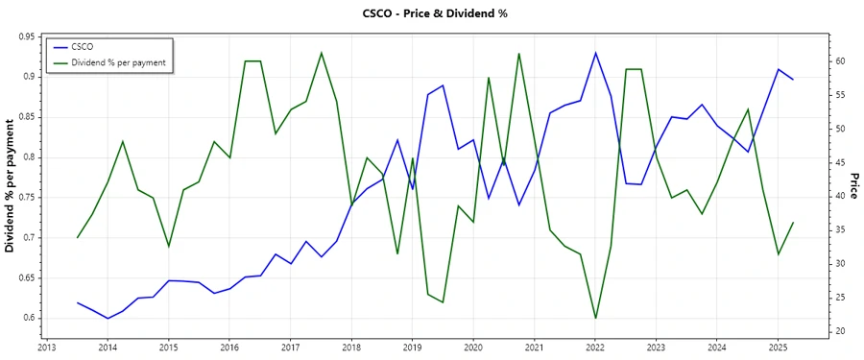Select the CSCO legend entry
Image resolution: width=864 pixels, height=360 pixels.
click(82, 46)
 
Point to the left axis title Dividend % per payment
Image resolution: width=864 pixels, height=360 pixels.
click(11, 186)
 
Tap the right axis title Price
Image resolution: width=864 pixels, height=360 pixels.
click(852, 186)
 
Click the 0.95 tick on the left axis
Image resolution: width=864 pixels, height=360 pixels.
click(27, 36)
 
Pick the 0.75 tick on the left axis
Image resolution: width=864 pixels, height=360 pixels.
click(27, 197)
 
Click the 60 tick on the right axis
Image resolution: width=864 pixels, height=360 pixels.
click(838, 60)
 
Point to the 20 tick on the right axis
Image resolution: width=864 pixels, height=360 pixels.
click(838, 331)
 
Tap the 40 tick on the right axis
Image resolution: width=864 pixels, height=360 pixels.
click(838, 196)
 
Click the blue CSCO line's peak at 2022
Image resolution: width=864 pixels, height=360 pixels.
click(595, 53)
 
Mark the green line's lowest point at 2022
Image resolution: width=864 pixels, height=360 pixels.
click(595, 318)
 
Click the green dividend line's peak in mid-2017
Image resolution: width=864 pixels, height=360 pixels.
click(321, 53)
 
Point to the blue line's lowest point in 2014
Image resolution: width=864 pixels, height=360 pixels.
click(108, 318)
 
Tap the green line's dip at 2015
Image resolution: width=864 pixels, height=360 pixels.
click(168, 247)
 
